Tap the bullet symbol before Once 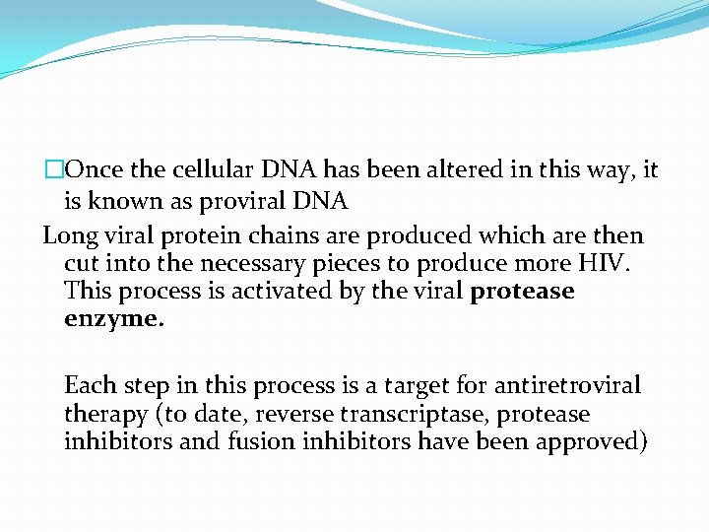tap(52, 169)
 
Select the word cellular tap(214, 169)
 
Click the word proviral tap(241, 202)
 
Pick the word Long tap(67, 236)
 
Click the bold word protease tap(523, 292)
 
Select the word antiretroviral tap(567, 384)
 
